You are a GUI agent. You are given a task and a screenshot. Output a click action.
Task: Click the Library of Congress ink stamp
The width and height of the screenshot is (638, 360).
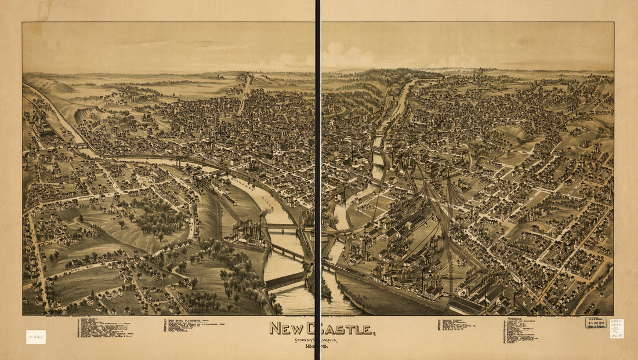pyautogui.click(x=596, y=322)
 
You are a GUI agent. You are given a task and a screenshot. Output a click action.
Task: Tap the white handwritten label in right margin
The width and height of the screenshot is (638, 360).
pyautogui.click(x=617, y=328)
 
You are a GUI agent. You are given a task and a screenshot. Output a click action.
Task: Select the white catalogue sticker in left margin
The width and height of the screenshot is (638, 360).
pyautogui.click(x=35, y=337)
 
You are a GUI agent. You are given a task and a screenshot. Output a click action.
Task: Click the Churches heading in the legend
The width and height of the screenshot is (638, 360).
pyautogui.click(x=514, y=319)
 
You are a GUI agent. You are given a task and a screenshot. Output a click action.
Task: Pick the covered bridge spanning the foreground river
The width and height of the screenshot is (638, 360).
pyautogui.click(x=285, y=281)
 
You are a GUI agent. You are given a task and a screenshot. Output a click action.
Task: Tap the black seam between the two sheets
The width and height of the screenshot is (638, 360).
pyautogui.click(x=318, y=174)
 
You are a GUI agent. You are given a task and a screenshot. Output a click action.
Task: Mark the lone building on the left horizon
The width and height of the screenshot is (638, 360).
pyautogui.click(x=220, y=76)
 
